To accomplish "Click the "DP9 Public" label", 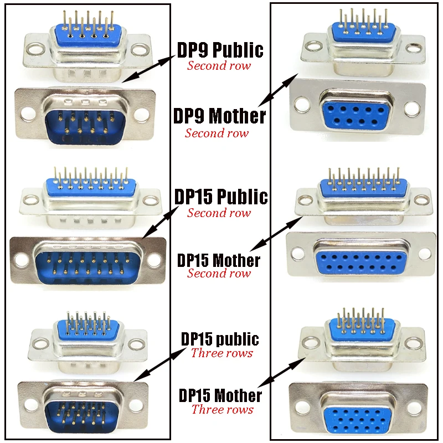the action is [220, 50].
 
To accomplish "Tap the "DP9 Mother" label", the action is [220, 116].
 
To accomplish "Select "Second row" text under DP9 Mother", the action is [217, 133].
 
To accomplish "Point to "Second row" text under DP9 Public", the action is [219, 65].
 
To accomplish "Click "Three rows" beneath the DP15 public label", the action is [221, 353].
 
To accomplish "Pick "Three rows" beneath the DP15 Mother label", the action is [222, 409].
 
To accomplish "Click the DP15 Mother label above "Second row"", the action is [219, 260].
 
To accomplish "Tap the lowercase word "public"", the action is [239, 338].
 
